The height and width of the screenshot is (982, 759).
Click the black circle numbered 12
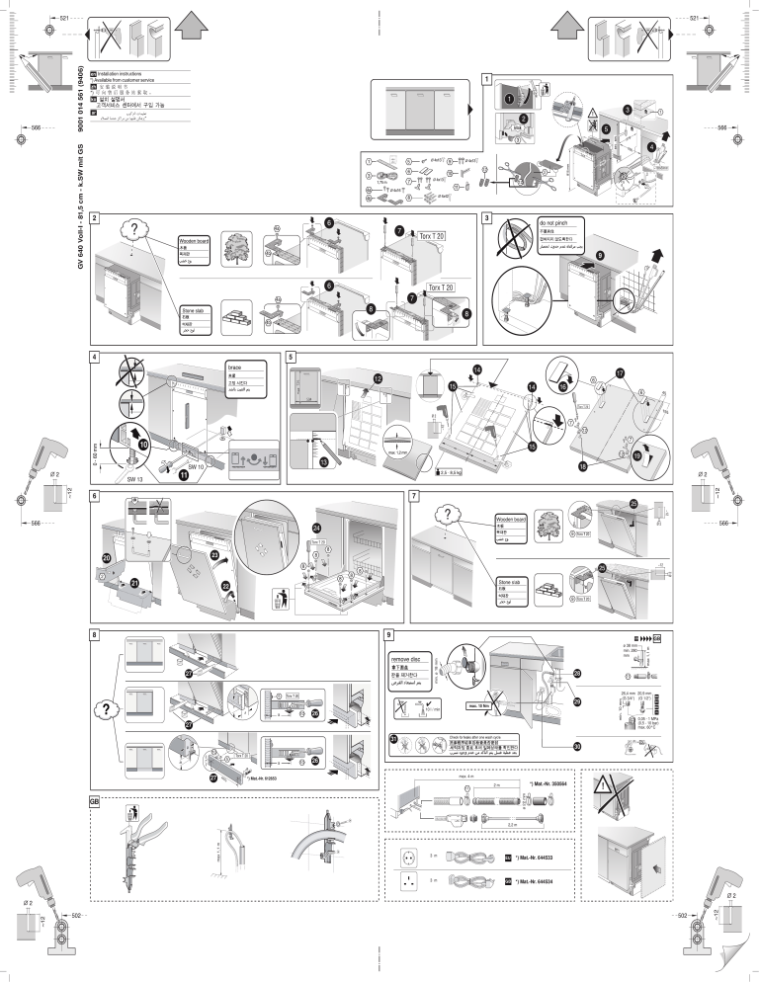[x=378, y=379]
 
